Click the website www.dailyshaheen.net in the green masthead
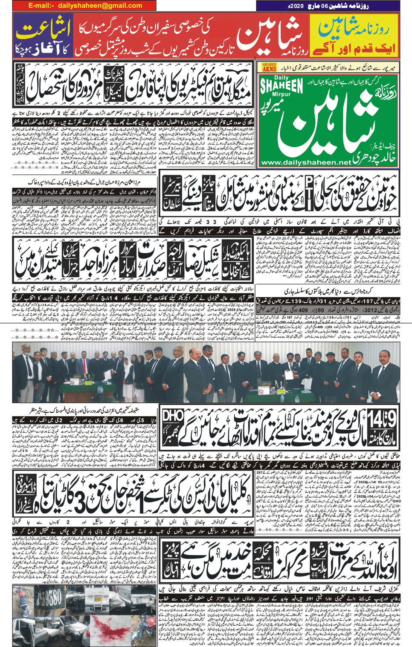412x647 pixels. pos(306,162)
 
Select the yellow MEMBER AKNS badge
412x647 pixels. pos(269,67)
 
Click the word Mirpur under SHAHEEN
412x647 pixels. pos(284,96)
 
